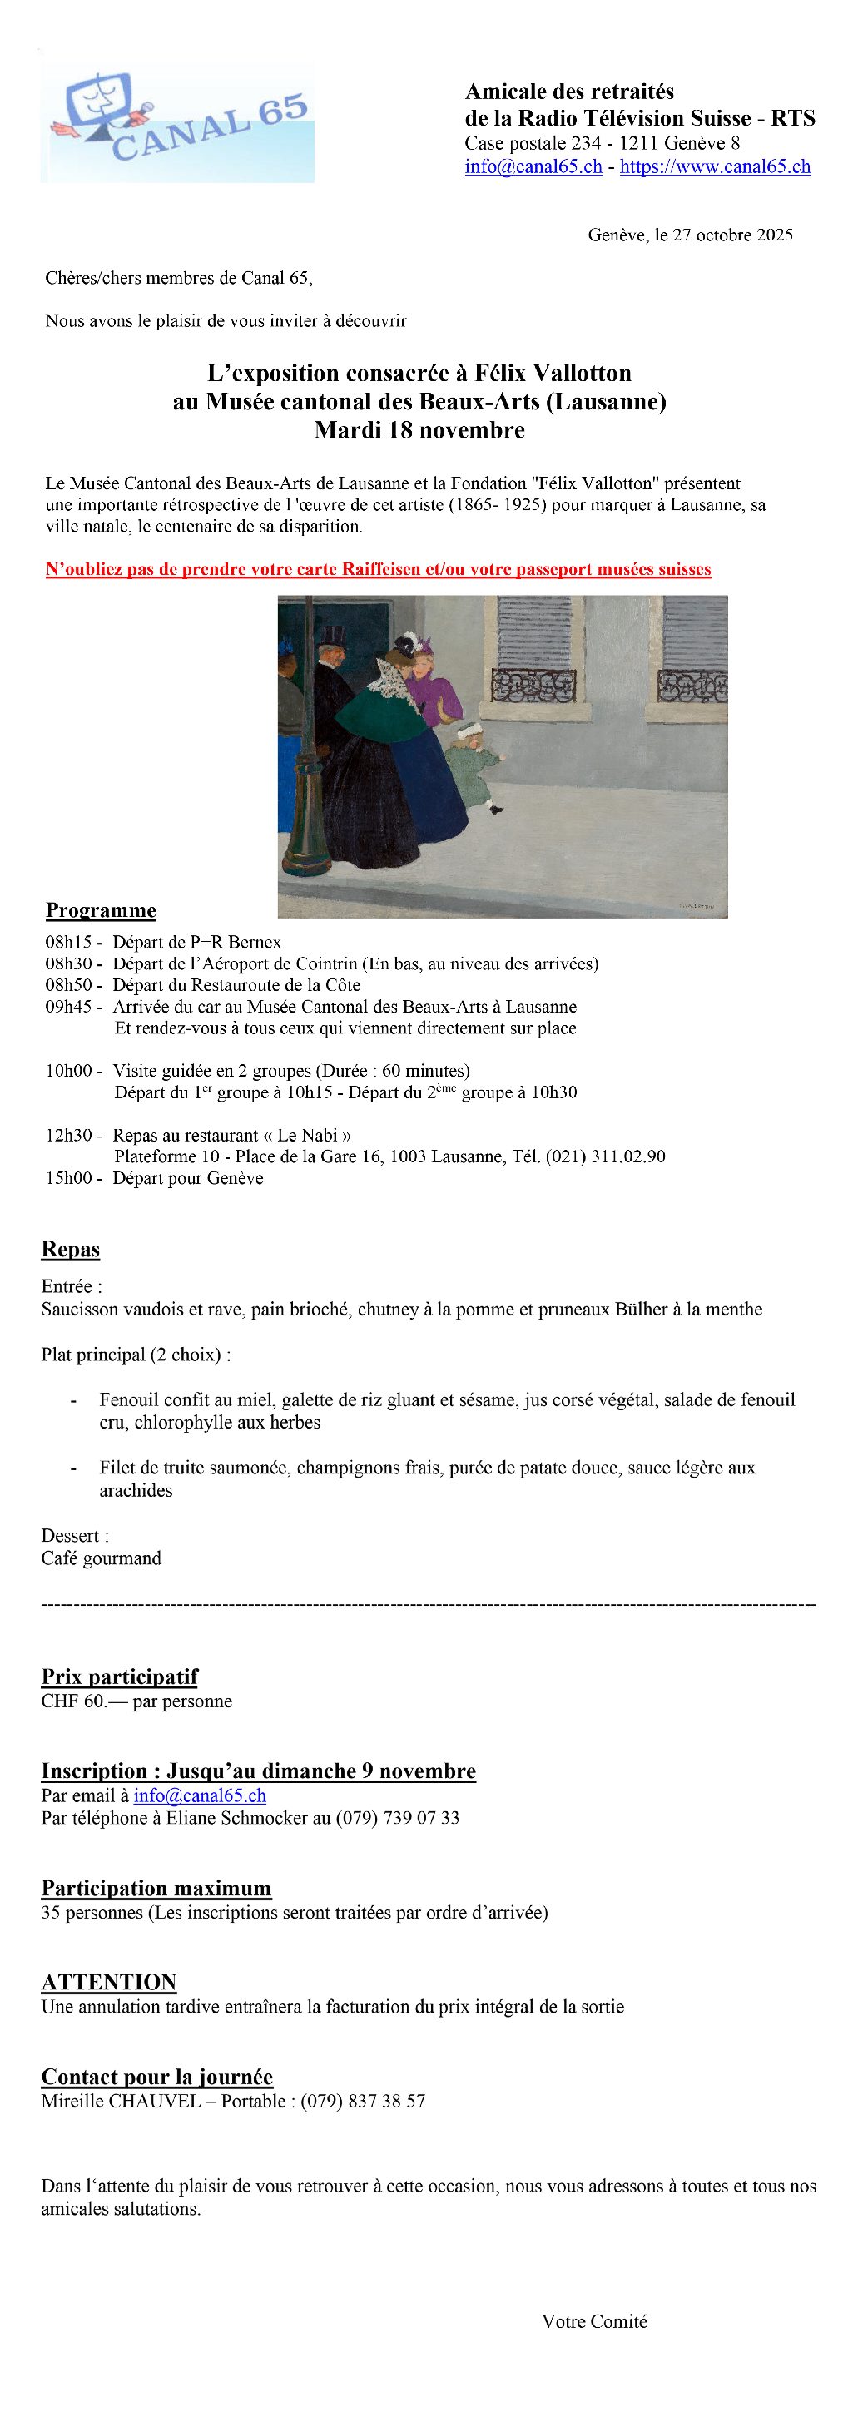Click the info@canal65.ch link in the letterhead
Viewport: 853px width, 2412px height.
tap(533, 166)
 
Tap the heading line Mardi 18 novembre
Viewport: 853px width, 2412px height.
tap(419, 431)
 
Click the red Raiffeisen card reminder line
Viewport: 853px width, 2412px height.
tap(379, 569)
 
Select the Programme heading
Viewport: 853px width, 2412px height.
tap(102, 910)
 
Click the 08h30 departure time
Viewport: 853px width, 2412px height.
tap(68, 963)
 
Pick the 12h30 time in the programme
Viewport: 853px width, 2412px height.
tap(68, 1136)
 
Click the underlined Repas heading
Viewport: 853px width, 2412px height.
tap(70, 1249)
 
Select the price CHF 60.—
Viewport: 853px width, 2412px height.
tap(82, 1701)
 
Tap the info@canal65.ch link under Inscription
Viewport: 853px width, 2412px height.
tap(200, 1795)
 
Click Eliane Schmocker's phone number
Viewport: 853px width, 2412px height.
tap(397, 1817)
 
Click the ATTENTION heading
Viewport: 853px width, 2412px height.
tap(109, 1982)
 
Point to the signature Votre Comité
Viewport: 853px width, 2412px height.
tap(593, 2321)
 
